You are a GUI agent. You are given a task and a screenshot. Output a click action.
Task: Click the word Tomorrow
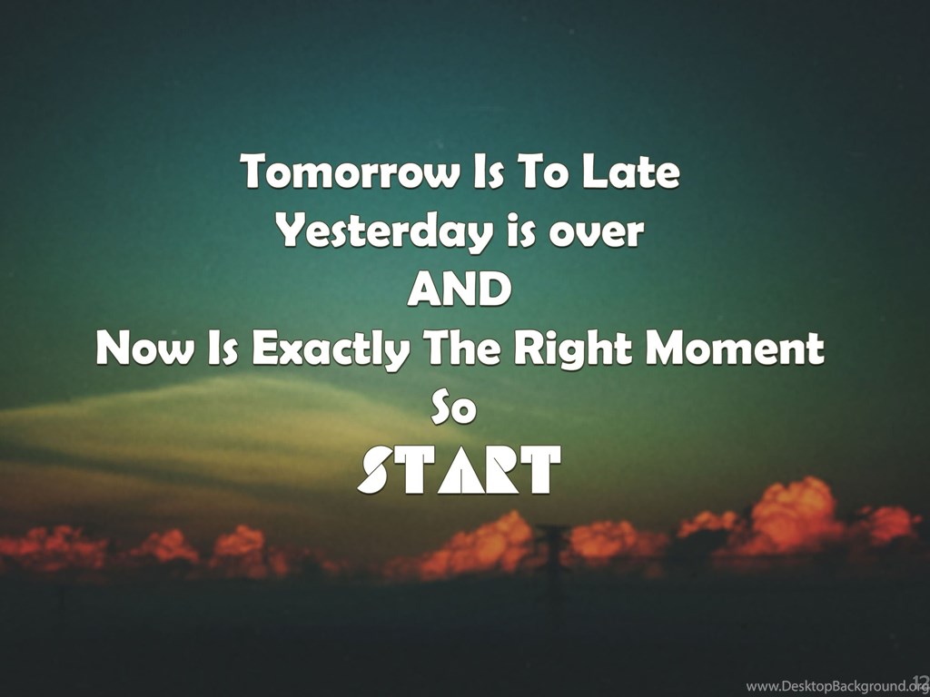coord(351,172)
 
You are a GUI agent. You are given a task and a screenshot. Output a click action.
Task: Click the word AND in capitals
coord(460,290)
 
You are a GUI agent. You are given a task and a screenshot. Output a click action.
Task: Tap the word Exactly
coord(331,349)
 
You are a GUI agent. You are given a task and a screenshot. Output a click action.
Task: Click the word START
coord(459,470)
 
